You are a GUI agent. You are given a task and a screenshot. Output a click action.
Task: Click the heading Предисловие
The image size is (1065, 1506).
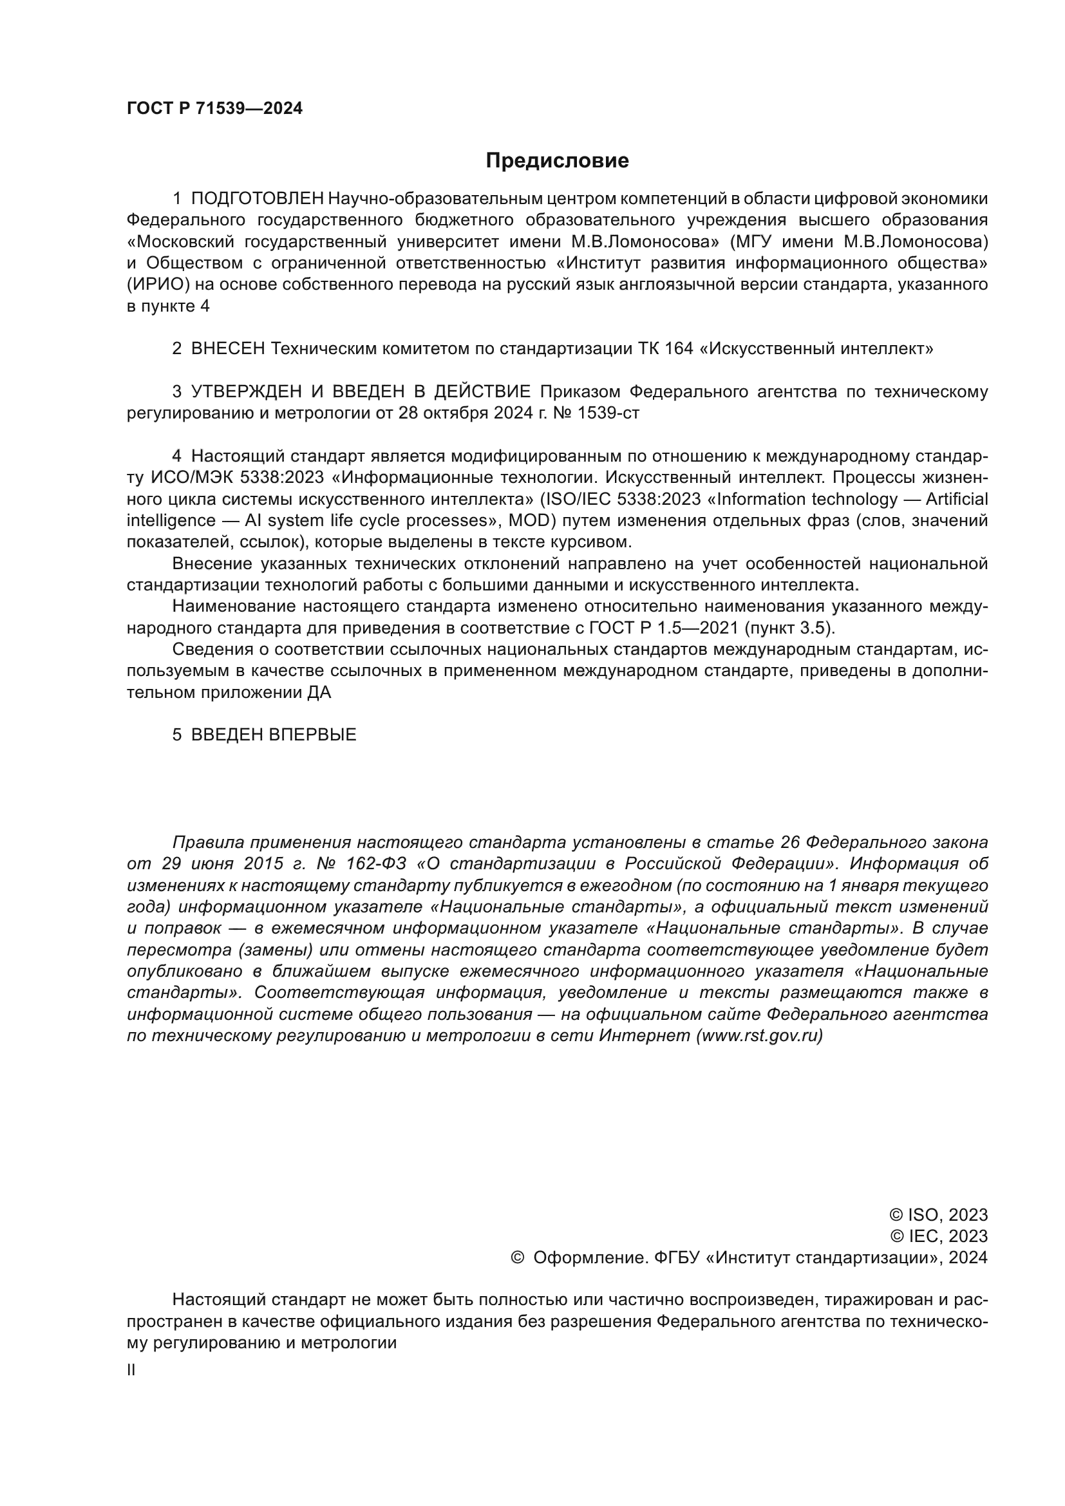click(x=557, y=161)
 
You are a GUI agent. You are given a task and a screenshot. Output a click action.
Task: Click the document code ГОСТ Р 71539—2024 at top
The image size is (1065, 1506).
click(x=214, y=109)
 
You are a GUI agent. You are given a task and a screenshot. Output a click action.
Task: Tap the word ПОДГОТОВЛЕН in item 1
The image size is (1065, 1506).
click(x=257, y=199)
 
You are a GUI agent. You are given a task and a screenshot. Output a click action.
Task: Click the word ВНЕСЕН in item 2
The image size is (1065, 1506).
click(x=227, y=349)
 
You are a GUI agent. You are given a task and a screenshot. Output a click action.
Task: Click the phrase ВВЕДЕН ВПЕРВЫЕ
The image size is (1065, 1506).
click(x=274, y=735)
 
